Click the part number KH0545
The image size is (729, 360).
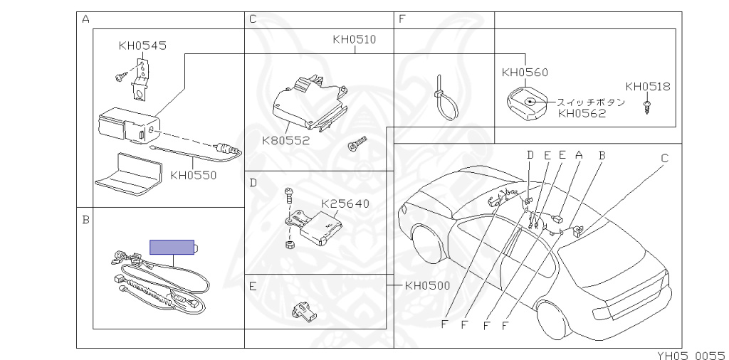tap(142, 46)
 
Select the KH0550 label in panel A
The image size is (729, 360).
tap(194, 175)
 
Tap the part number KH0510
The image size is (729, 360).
tap(355, 39)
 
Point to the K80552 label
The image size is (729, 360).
tap(285, 140)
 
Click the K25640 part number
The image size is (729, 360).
tap(345, 203)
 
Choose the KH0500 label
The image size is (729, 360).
tap(428, 285)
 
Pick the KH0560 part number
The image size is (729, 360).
tap(525, 72)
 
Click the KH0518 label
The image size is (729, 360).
tap(648, 86)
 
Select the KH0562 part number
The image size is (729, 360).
tap(582, 113)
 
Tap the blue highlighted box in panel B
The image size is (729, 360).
tap(172, 247)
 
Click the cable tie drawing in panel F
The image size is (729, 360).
tap(446, 98)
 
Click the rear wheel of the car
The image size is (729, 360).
tap(550, 322)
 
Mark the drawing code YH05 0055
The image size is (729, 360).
tap(692, 355)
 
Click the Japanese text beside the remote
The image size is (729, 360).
tap(590, 102)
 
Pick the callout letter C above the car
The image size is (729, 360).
tap(664, 159)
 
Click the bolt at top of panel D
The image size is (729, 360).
tap(288, 196)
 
